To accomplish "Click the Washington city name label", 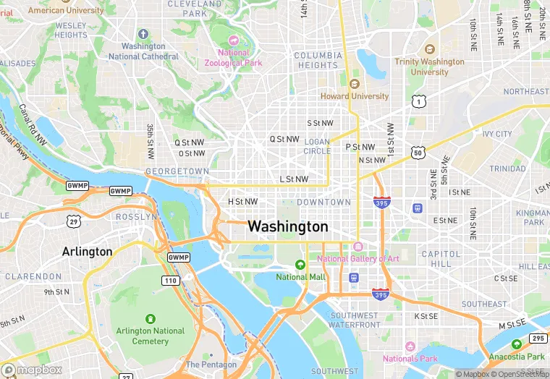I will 287,226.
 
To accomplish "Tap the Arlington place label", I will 87,252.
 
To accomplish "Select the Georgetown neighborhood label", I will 177,171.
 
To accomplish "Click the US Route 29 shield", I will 73,220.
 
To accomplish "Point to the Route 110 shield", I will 171,281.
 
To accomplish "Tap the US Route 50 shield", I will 418,152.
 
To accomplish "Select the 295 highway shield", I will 538,338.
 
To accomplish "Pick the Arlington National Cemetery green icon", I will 151,319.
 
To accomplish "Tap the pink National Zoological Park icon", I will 233,41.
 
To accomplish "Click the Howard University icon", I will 355,84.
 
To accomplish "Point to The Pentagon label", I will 211,365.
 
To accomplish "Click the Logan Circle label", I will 317,146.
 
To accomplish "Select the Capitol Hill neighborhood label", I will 441,259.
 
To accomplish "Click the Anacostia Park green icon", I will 516,345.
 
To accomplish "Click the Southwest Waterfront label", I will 355,320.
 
